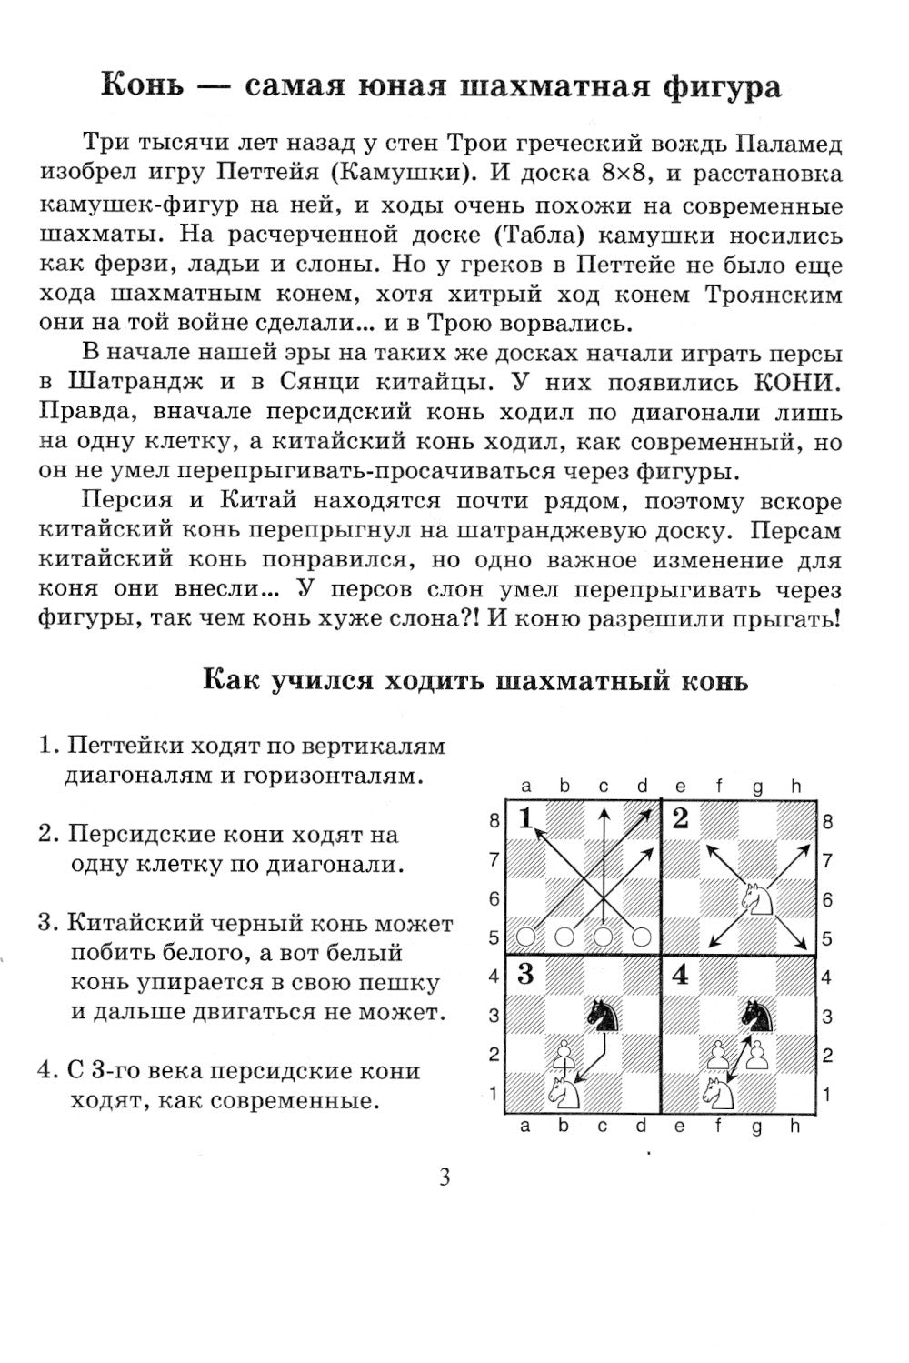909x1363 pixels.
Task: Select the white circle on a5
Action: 525,936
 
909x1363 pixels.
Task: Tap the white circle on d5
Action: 641,936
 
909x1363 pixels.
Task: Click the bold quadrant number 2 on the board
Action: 681,819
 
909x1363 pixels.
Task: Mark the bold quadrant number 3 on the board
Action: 525,976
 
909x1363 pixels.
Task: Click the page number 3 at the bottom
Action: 445,1178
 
